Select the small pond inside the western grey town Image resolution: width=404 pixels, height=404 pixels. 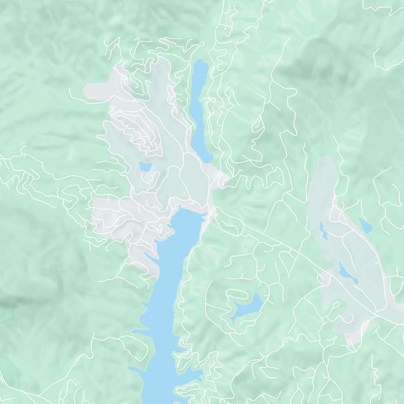(x=144, y=166)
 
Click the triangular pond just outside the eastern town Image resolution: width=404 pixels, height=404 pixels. (x=365, y=225)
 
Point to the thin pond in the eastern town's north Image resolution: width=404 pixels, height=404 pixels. (x=323, y=230)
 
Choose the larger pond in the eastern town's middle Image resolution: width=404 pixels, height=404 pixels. (x=348, y=273)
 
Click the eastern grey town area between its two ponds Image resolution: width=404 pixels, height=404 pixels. (x=336, y=250)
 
